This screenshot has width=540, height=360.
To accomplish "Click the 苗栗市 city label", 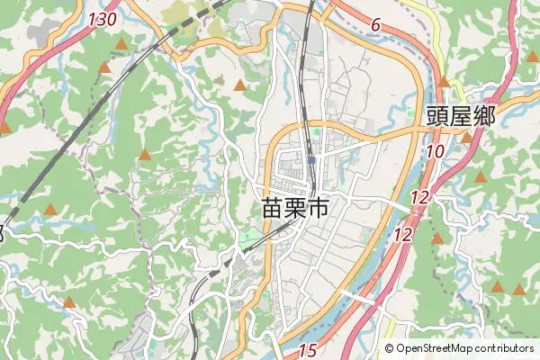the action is click(294, 209).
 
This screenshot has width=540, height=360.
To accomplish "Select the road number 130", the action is click(103, 19).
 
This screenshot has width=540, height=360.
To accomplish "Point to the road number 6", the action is click(374, 28).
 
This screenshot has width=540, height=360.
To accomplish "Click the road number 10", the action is click(435, 152).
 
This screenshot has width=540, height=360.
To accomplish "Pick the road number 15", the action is click(308, 350).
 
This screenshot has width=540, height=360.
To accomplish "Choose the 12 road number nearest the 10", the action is click(419, 197).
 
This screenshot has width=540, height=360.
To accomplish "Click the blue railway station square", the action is click(311, 160).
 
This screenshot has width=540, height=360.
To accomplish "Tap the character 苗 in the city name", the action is click(271, 209).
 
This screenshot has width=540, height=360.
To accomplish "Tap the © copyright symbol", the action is click(390, 348).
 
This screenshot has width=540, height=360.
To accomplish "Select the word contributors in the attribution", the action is click(506, 348).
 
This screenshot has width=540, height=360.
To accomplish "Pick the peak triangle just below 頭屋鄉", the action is click(465, 138).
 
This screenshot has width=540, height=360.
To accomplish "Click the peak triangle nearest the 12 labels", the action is click(437, 238).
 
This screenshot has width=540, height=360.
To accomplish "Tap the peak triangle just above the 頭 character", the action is click(443, 82).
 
